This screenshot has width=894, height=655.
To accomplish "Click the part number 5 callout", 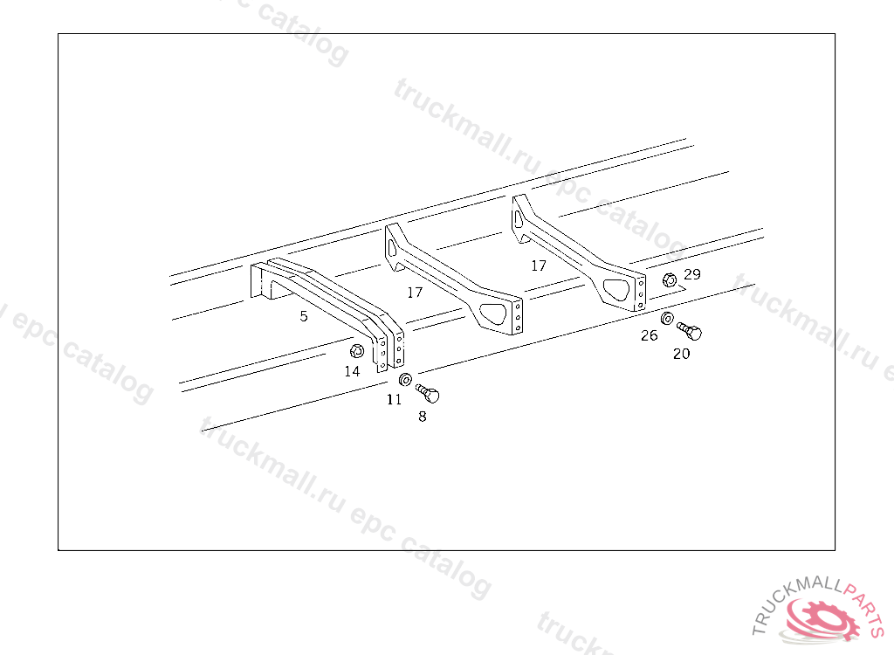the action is pyautogui.click(x=304, y=316).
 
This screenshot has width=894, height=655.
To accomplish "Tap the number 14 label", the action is pyautogui.click(x=352, y=371).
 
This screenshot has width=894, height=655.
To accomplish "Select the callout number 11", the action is pyautogui.click(x=395, y=399).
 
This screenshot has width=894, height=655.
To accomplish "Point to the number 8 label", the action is pyautogui.click(x=423, y=417).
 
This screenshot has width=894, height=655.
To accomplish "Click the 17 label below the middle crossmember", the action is pyautogui.click(x=415, y=292).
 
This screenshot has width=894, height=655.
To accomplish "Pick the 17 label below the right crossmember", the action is pyautogui.click(x=539, y=265).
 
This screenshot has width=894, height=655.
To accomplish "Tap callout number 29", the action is pyautogui.click(x=692, y=274).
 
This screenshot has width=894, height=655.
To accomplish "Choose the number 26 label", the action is pyautogui.click(x=650, y=334).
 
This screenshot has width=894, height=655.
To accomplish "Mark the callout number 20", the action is pyautogui.click(x=681, y=354).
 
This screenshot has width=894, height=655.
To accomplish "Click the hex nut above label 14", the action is pyautogui.click(x=356, y=351).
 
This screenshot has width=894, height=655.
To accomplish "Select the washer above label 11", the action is pyautogui.click(x=405, y=380).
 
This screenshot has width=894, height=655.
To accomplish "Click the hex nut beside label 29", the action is pyautogui.click(x=670, y=280).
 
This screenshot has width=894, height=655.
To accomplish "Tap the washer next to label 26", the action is pyautogui.click(x=667, y=318).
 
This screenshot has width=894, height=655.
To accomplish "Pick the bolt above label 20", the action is pyautogui.click(x=690, y=331).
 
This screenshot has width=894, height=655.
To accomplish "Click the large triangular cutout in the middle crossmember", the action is pyautogui.click(x=494, y=312).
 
